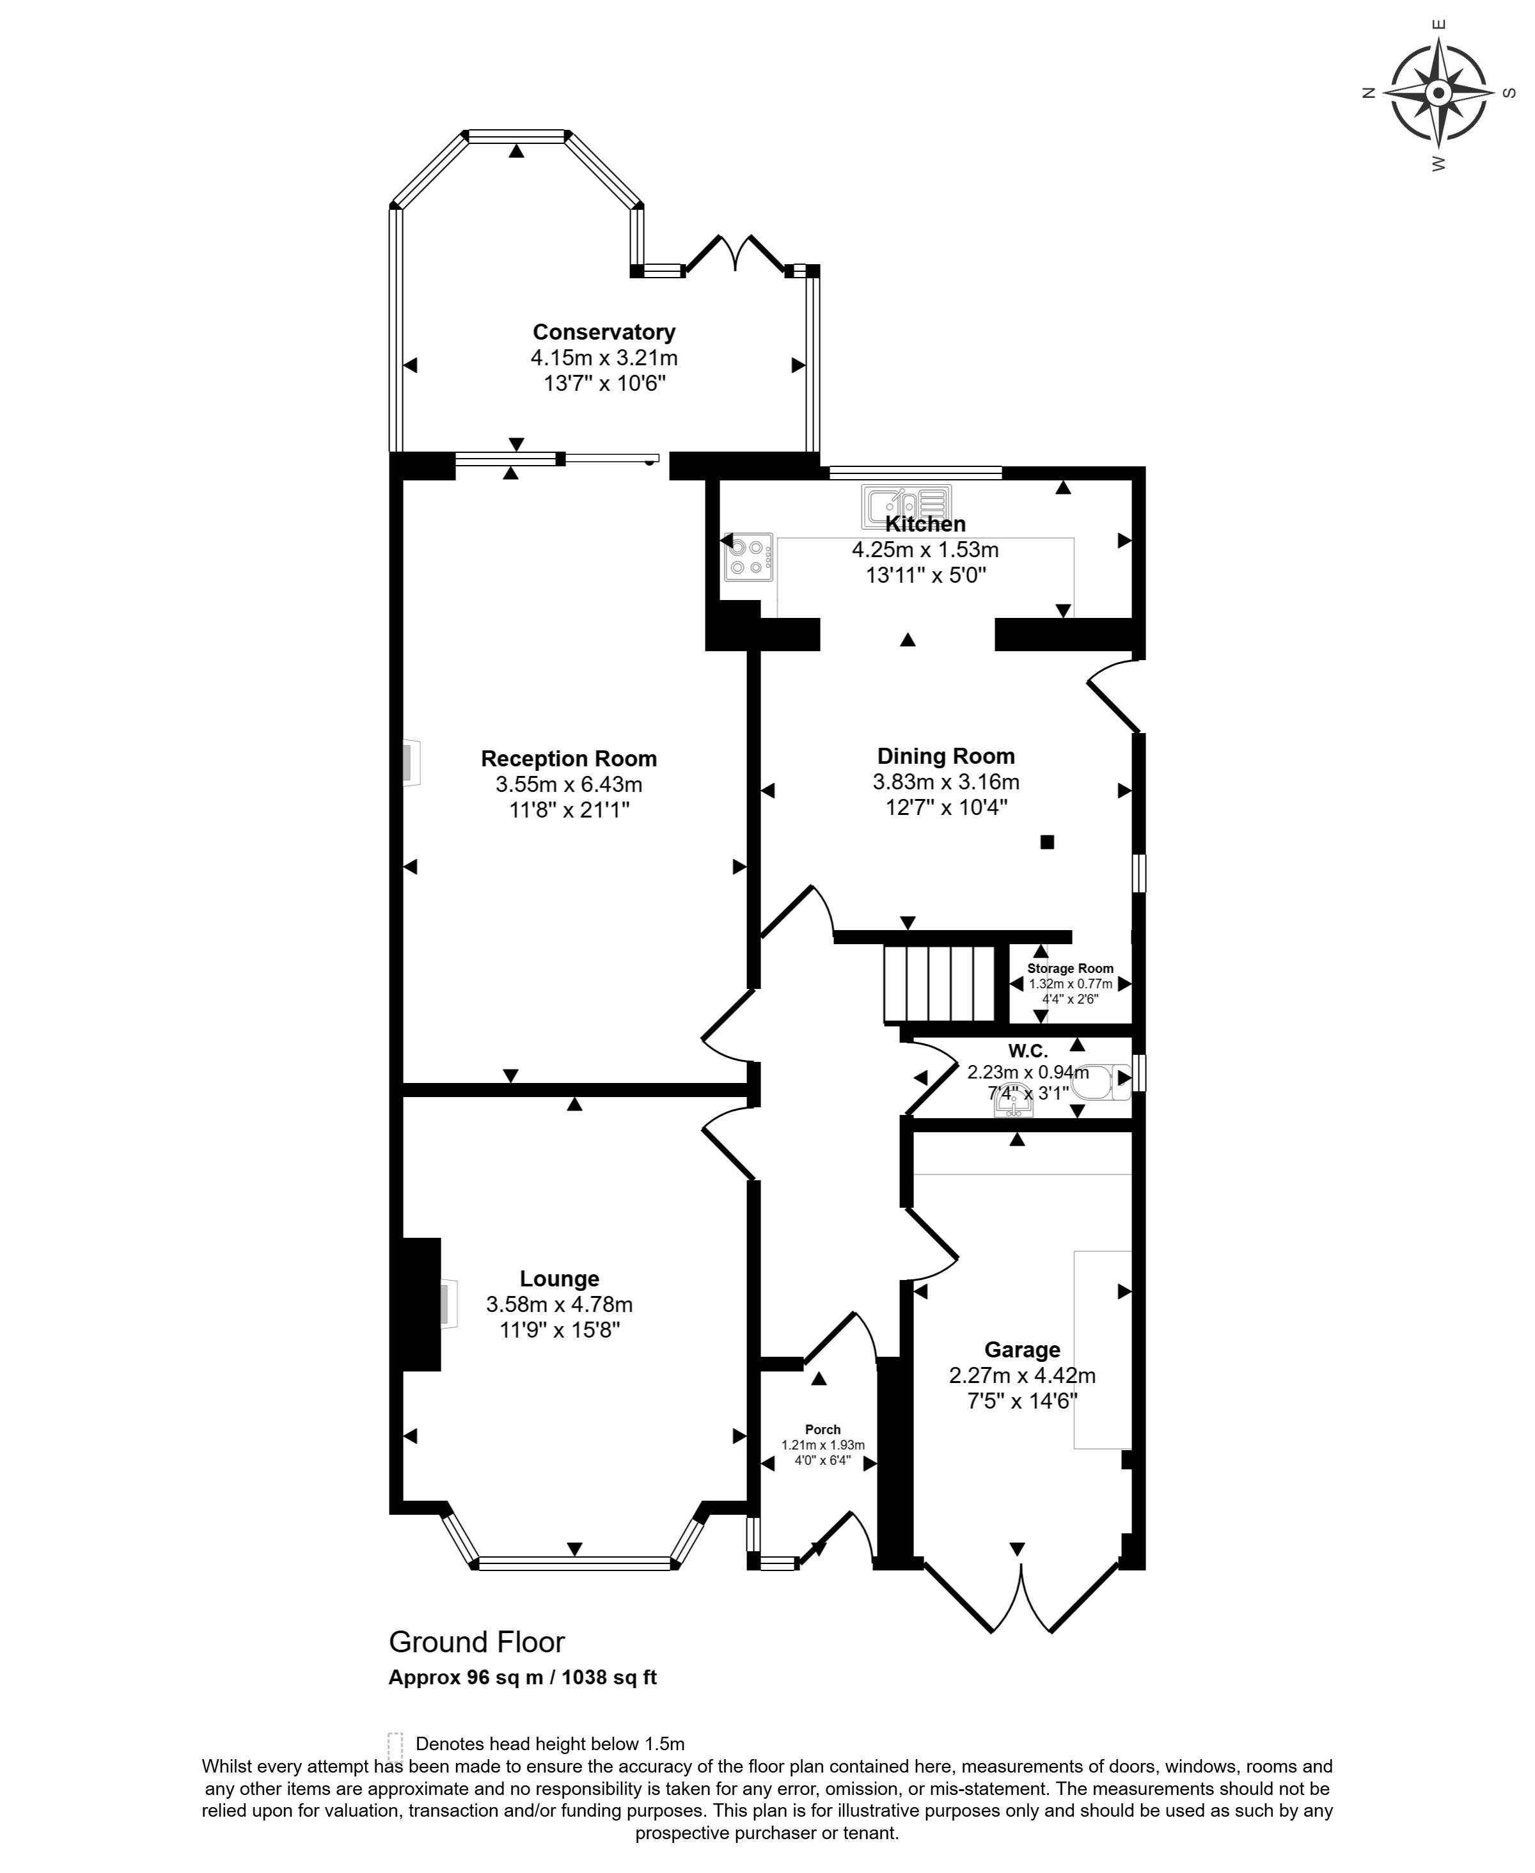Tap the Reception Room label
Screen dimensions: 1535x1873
click(569, 759)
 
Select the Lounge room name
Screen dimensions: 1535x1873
click(559, 1279)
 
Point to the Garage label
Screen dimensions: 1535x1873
click(1022, 1350)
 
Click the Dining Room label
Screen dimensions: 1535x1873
click(945, 756)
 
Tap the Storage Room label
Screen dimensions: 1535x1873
click(1070, 968)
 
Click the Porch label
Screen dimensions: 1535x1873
click(823, 1430)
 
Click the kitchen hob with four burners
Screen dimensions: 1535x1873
click(748, 557)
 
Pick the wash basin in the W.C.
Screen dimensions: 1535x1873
click(1013, 1103)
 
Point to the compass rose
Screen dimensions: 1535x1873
click(1438, 92)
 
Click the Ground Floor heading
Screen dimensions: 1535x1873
click(476, 1642)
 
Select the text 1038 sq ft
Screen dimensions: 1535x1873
click(610, 1677)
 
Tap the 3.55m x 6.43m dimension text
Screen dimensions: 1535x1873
click(569, 784)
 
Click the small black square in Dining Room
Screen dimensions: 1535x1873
click(1047, 842)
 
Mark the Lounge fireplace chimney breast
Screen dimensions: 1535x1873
click(421, 1304)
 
